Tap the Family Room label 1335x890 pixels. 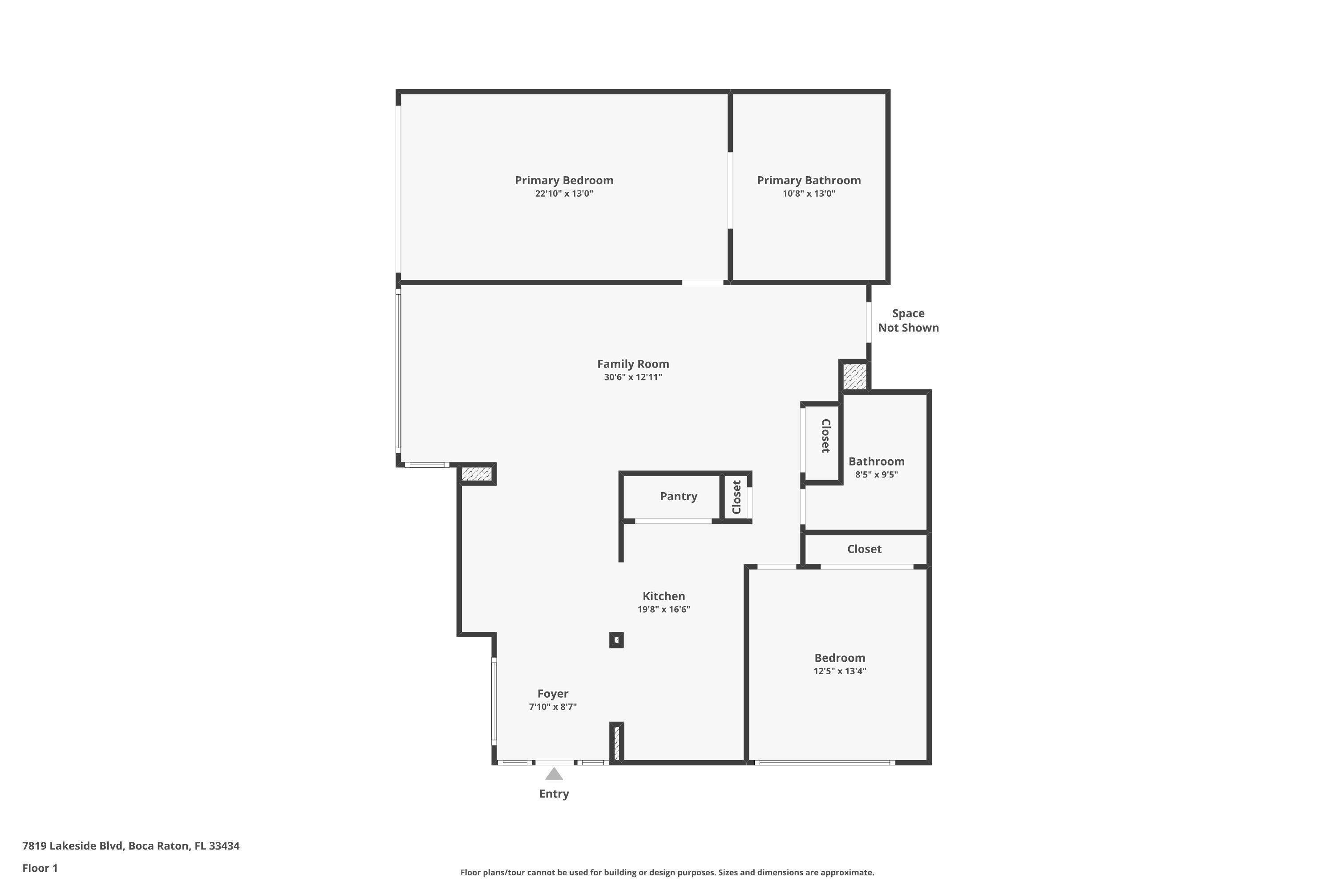(632, 364)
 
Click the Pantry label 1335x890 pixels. (678, 496)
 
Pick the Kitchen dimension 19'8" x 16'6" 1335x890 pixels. (663, 610)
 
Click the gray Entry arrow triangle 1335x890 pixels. (554, 774)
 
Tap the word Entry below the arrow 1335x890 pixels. (554, 793)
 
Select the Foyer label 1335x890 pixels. (552, 694)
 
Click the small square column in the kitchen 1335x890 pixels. (616, 640)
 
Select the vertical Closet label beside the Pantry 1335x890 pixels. (737, 497)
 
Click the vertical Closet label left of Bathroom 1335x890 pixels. (826, 436)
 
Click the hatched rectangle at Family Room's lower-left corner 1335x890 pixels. (476, 474)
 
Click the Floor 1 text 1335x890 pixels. (40, 868)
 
